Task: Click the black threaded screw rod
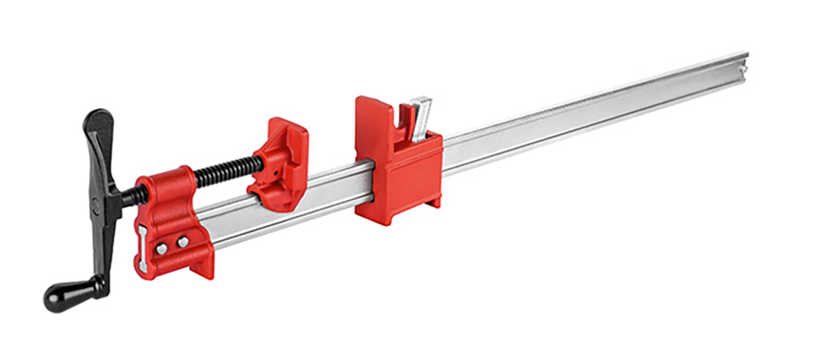click(x=227, y=170)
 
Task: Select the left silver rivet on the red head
click(x=162, y=248)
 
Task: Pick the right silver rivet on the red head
click(x=182, y=242)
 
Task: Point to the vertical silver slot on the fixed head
click(x=142, y=248)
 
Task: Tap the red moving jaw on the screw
click(x=279, y=162)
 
